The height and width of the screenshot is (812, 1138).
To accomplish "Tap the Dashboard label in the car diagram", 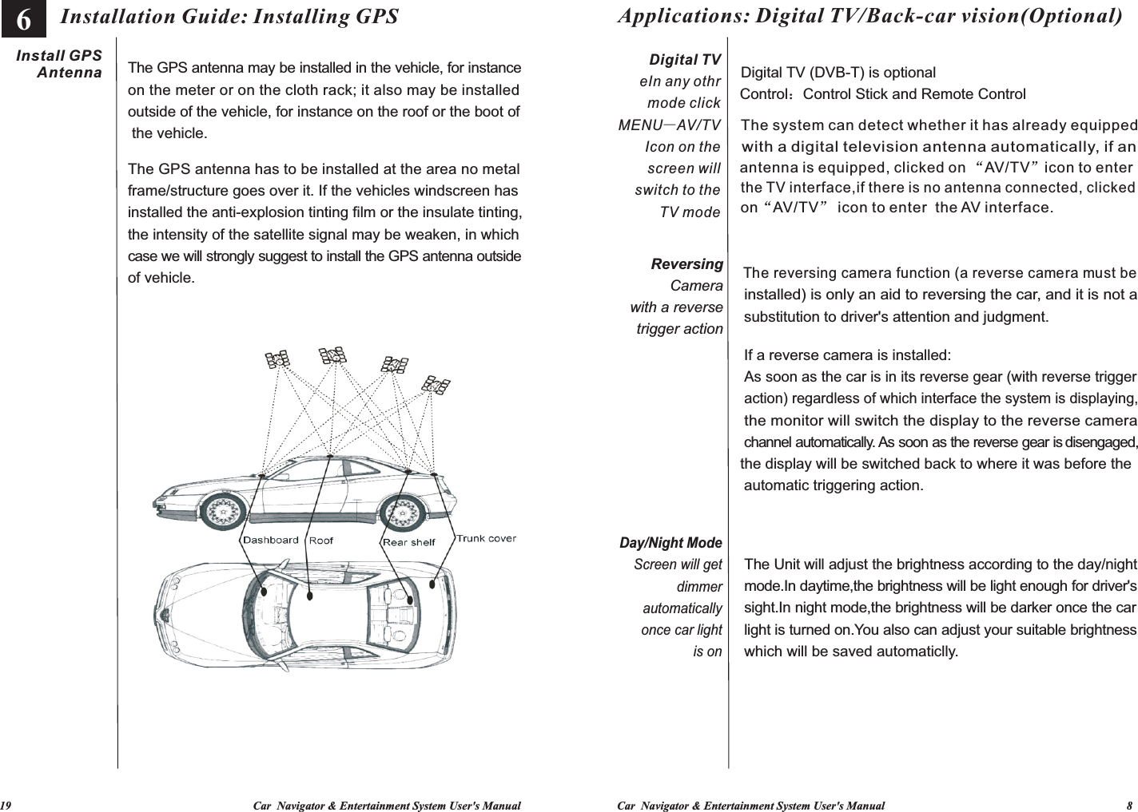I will [x=270, y=540].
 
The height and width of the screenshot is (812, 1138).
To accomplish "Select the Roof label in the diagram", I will [x=321, y=541].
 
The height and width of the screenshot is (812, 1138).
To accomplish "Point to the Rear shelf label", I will [x=408, y=542].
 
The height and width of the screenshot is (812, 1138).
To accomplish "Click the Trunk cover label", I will [x=486, y=537].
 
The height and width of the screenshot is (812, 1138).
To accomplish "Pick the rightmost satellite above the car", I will [x=436, y=384].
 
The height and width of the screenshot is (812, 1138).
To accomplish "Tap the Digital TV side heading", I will [x=685, y=61].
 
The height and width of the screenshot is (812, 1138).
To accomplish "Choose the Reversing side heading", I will [x=687, y=264].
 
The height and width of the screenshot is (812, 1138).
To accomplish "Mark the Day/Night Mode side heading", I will [x=671, y=544].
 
